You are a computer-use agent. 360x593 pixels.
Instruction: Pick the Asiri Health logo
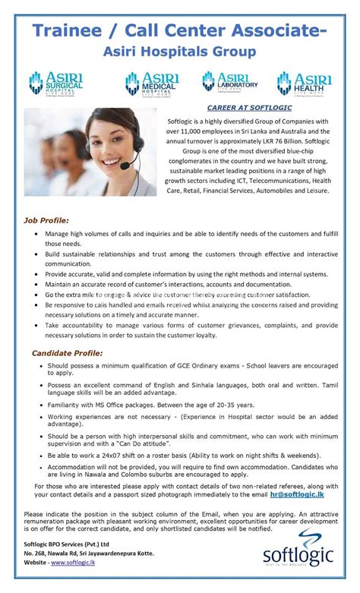pyautogui.click(x=305, y=83)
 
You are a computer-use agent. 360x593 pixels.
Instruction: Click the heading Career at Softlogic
pyautogui.click(x=244, y=109)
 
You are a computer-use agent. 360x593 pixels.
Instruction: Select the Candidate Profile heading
pyautogui.click(x=68, y=353)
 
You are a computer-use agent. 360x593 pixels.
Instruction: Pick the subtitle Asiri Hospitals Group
pyautogui.click(x=180, y=52)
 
